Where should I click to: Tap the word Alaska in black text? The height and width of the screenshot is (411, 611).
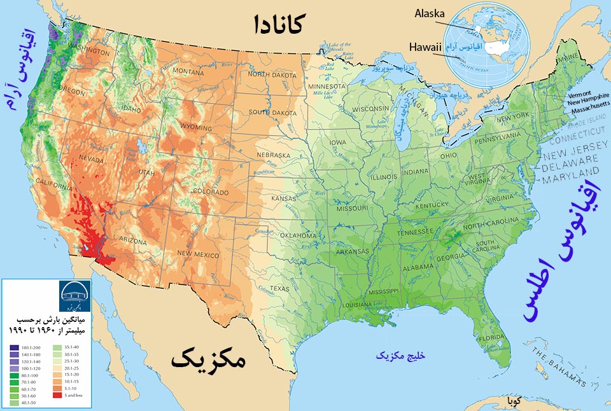431,13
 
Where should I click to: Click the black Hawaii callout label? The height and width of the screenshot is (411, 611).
423,46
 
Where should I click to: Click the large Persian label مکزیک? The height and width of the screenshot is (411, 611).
207,360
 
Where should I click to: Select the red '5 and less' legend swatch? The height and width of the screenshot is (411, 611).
14,394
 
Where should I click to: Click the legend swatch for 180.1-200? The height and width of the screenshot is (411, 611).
14,347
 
